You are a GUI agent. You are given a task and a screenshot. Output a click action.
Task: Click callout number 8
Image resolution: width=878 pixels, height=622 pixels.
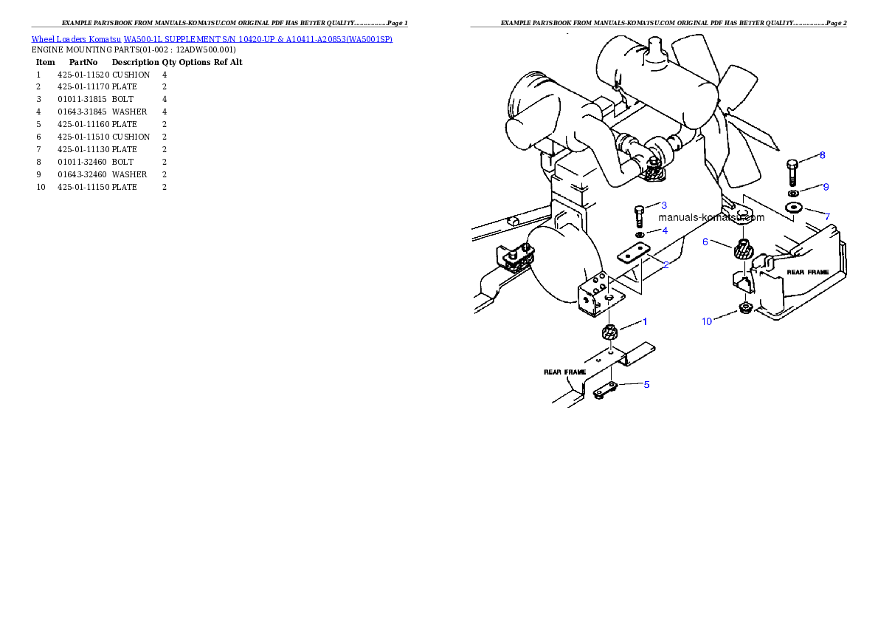click(x=823, y=155)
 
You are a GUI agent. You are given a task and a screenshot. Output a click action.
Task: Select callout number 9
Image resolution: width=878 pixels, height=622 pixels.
click(x=826, y=187)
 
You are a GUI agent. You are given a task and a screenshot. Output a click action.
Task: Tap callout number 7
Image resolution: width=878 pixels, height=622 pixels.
click(x=827, y=216)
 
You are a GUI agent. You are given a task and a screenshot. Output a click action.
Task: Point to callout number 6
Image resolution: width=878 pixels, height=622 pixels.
click(x=705, y=242)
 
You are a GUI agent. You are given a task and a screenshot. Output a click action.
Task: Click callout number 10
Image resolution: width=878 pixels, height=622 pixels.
click(x=707, y=321)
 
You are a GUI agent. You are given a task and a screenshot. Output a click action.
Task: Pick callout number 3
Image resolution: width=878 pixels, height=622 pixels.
click(x=664, y=205)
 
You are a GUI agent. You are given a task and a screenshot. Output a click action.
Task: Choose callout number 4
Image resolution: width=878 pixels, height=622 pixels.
click(x=665, y=230)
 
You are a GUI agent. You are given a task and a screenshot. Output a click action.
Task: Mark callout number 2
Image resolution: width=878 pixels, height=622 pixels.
click(x=666, y=264)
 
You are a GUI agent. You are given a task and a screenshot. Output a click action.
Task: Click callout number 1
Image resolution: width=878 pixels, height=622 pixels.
click(x=645, y=321)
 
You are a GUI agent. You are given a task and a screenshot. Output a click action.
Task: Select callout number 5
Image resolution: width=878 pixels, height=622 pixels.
click(x=646, y=384)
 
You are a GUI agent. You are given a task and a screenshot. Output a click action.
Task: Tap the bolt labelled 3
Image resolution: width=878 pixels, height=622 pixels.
click(x=640, y=216)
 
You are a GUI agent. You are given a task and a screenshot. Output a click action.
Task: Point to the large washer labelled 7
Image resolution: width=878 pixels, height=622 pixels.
click(x=795, y=208)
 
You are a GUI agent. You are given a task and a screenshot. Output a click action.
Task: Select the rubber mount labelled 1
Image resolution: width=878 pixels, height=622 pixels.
click(x=610, y=333)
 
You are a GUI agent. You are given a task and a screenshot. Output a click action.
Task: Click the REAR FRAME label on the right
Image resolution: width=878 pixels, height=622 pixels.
click(x=807, y=272)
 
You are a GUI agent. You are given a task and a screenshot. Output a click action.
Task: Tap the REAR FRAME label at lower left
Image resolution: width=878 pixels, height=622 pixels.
click(x=564, y=372)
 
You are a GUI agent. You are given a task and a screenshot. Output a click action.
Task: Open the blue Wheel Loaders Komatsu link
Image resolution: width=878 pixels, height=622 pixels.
click(x=212, y=38)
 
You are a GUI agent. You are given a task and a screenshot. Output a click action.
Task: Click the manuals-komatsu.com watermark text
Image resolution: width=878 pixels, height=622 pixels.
click(x=711, y=217)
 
